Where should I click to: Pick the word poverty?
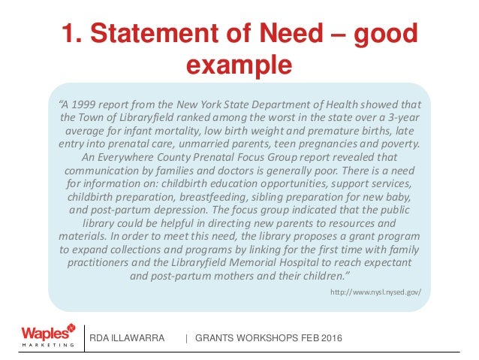(x=396, y=144)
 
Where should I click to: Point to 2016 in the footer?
(x=328, y=339)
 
